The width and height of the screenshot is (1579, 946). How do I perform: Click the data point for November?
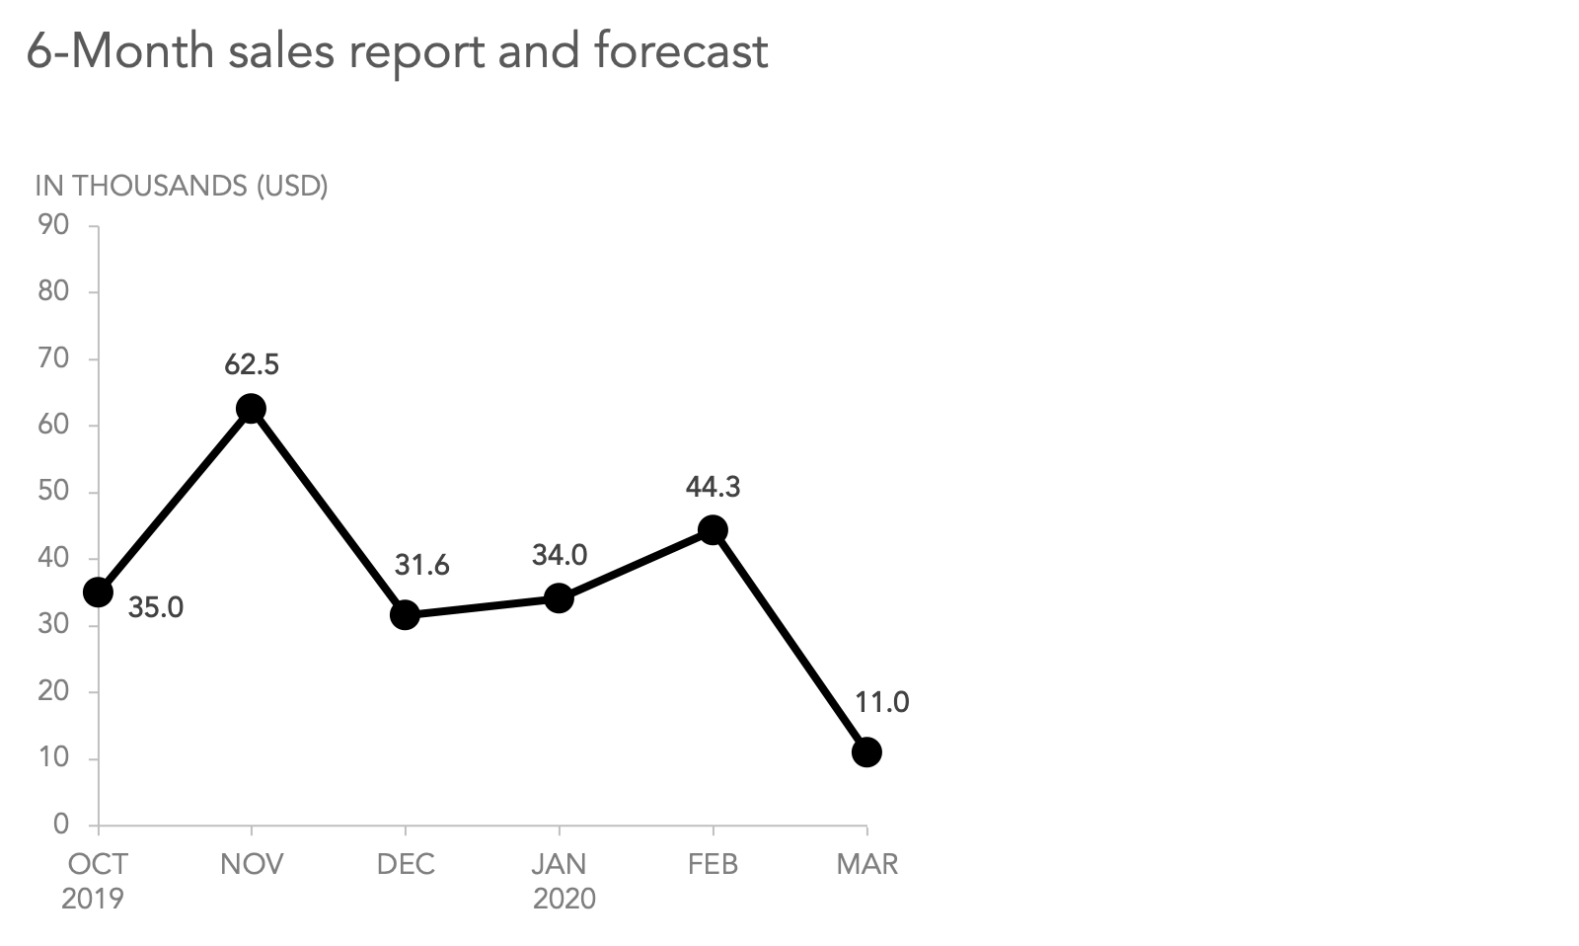pos(252,409)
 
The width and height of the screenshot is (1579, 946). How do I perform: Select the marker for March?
pos(866,752)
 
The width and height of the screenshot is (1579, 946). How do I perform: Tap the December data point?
pos(405,615)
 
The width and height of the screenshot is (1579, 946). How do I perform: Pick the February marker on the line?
pos(713,530)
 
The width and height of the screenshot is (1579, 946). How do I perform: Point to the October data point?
pos(98,592)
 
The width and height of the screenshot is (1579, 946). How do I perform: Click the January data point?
pos(559,598)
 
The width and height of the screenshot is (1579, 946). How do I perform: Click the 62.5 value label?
pos(252,365)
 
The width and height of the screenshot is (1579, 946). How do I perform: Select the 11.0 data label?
pos(881,703)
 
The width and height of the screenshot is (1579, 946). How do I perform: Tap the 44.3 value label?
pos(713,487)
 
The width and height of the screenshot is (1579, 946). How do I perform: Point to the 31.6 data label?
pos(422,565)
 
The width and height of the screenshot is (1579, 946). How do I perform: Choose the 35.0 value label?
pos(156,607)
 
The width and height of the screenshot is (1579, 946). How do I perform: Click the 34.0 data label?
pos(560,555)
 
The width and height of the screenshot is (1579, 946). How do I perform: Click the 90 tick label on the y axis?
pos(53,225)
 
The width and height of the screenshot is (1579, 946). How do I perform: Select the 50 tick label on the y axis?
pos(53,492)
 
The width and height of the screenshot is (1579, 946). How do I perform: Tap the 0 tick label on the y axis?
pos(61,824)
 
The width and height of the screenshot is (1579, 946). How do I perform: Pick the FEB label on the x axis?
pos(713,865)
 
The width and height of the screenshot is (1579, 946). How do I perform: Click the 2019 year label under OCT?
pos(93,899)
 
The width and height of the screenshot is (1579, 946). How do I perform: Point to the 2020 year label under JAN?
pos(564,899)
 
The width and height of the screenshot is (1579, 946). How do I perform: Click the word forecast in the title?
pos(681,51)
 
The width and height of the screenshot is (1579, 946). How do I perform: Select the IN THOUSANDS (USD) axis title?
pos(182,186)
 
